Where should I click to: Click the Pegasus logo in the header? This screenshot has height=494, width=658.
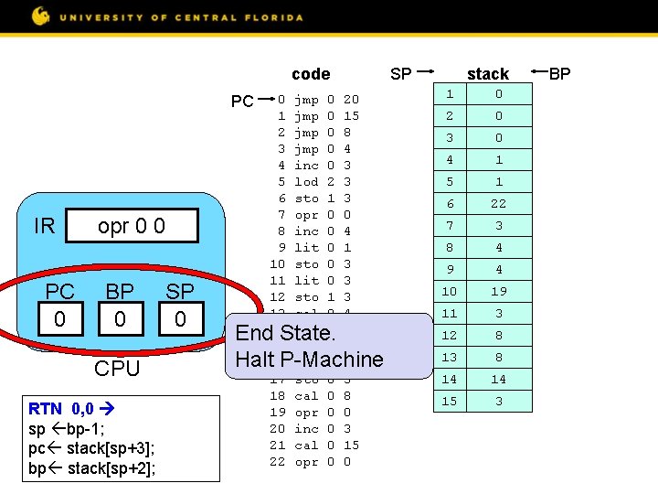click(x=41, y=16)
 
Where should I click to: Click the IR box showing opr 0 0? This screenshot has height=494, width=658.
click(x=133, y=226)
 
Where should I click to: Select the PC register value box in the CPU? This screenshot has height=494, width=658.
click(x=60, y=319)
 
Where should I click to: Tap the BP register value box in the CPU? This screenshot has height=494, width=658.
click(x=120, y=319)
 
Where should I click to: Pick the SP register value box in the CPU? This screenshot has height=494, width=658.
click(x=179, y=319)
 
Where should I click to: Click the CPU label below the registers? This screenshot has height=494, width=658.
click(x=117, y=369)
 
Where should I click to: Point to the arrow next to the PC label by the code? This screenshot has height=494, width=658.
click(x=266, y=96)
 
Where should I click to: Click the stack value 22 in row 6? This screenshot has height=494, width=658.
click(x=498, y=204)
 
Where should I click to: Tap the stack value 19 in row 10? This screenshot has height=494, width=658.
click(x=498, y=292)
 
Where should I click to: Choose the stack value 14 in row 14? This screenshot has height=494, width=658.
click(x=498, y=380)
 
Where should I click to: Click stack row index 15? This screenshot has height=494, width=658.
click(x=450, y=402)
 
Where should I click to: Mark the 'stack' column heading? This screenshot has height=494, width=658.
click(x=488, y=74)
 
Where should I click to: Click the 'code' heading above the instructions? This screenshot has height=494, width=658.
click(x=311, y=74)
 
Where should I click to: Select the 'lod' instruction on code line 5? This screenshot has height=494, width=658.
click(x=306, y=182)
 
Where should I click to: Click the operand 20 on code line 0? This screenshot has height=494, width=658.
click(x=351, y=100)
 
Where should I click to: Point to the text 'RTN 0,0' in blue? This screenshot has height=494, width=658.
click(x=61, y=408)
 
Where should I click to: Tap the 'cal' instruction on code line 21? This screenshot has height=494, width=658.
click(x=306, y=446)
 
